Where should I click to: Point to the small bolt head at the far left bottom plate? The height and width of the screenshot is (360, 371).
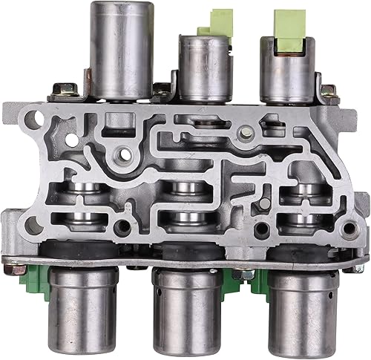click(x=14, y=256)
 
